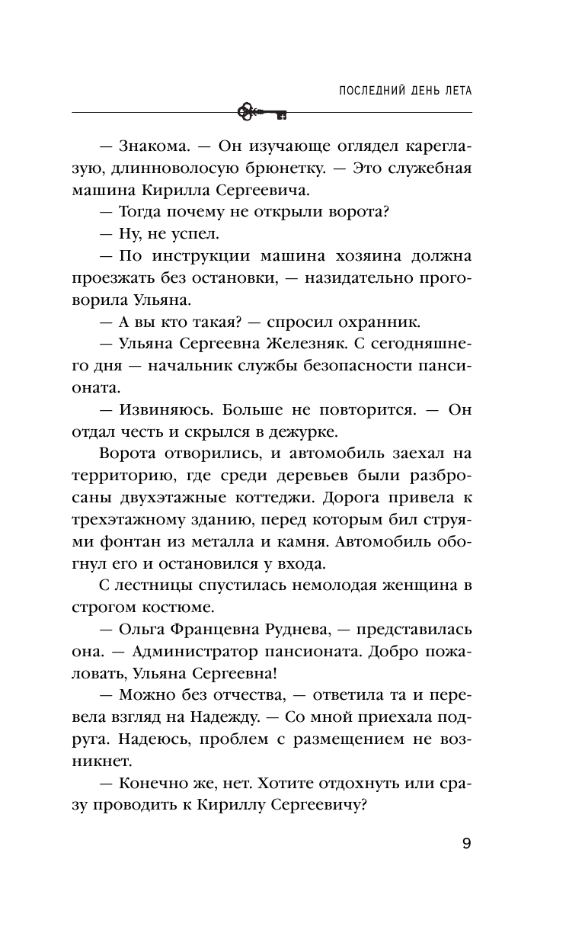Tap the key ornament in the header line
(261, 112)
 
